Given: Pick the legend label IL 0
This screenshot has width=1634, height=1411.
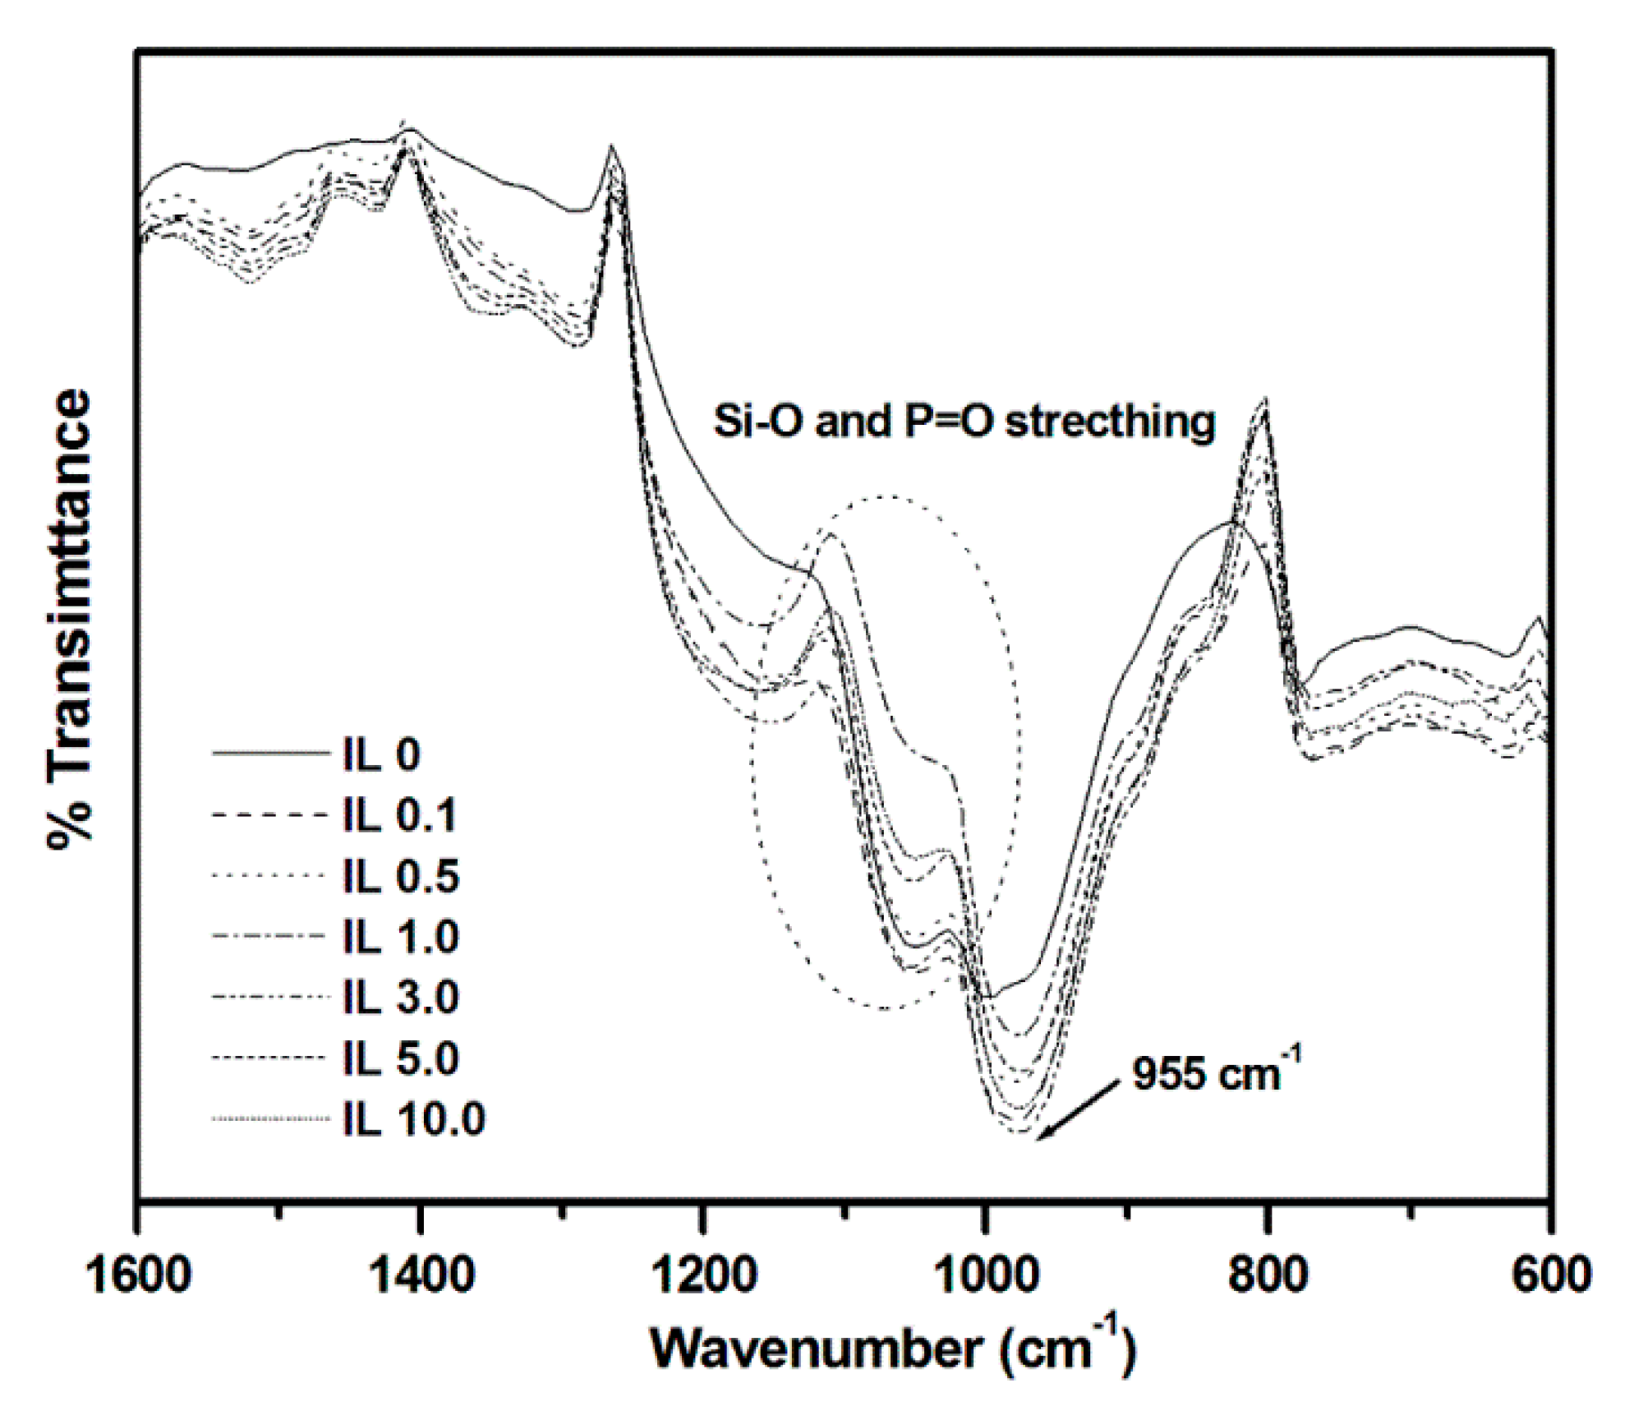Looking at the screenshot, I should [381, 754].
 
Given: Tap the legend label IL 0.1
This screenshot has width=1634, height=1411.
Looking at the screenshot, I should [399, 814].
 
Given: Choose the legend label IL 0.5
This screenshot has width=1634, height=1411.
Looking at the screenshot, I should [401, 875].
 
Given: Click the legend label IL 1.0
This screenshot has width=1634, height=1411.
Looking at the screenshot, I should [401, 936].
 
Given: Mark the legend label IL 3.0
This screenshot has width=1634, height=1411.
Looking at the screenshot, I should [401, 997].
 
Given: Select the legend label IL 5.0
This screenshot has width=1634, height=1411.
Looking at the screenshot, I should [401, 1058].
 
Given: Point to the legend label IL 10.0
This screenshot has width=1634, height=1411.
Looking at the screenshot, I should [414, 1118].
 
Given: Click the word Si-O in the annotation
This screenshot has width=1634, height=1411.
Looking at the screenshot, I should [757, 422].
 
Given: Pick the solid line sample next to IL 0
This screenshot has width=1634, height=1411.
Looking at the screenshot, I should [269, 753].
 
